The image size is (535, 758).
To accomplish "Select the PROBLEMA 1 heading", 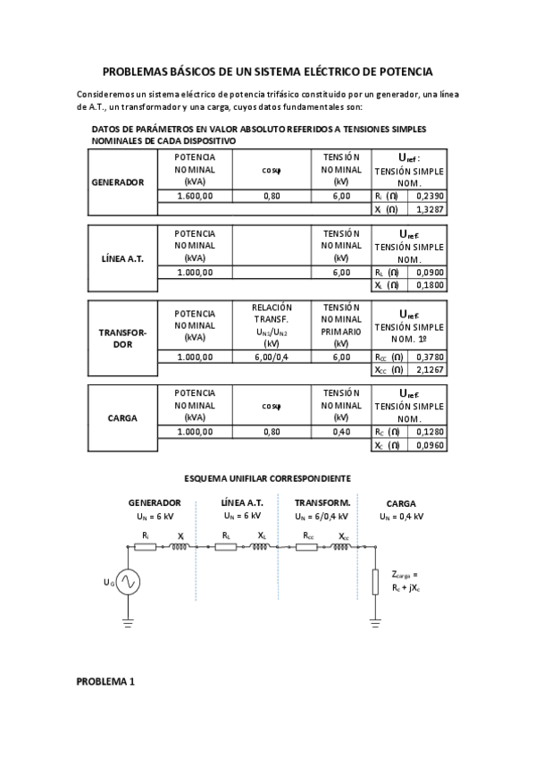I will point(105,681).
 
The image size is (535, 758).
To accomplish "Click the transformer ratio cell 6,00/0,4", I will point(272,356).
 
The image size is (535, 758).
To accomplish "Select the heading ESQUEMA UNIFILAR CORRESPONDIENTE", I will point(267,478).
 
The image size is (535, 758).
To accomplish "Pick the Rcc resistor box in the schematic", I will point(307,547).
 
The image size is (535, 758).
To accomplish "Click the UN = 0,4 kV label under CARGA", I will point(400,516).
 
